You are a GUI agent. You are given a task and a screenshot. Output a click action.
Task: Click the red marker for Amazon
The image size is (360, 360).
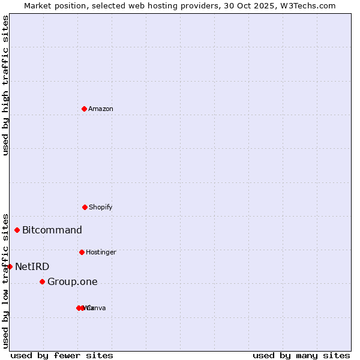pos(84,109)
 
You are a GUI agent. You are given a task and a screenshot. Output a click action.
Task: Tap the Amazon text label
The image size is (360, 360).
pos(101,109)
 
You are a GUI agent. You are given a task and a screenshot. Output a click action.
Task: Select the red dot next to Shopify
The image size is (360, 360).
pos(85,207)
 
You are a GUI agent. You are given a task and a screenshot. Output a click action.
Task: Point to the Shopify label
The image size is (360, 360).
pos(101,207)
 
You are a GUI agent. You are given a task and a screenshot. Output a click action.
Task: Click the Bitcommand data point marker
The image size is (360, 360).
pos(17,230)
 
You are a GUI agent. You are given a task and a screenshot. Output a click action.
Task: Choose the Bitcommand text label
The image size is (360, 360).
pos(52,230)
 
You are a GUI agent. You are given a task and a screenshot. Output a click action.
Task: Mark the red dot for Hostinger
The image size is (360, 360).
pos(82,252)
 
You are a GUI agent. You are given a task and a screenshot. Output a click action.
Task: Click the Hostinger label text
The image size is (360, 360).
pos(101,252)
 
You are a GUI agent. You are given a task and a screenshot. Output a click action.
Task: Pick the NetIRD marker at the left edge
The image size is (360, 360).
pos(10,266)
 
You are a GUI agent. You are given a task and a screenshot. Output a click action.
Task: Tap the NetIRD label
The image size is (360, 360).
pos(32,267)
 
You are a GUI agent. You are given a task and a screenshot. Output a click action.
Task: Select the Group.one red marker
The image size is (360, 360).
pos(42,281)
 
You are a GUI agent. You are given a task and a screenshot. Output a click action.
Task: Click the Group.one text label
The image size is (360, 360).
pos(73,282)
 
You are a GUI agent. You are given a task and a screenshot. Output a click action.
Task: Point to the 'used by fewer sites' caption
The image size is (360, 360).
pos(62,355)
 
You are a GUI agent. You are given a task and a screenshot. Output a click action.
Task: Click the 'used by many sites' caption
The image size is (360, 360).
pos(301,355)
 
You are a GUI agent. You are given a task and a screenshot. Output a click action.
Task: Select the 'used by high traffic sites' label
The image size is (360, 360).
pos(5,85)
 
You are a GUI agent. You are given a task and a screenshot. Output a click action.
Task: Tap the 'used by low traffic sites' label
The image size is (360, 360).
pos(5,280)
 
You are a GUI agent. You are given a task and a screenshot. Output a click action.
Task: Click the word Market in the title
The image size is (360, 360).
pos(37,5)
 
